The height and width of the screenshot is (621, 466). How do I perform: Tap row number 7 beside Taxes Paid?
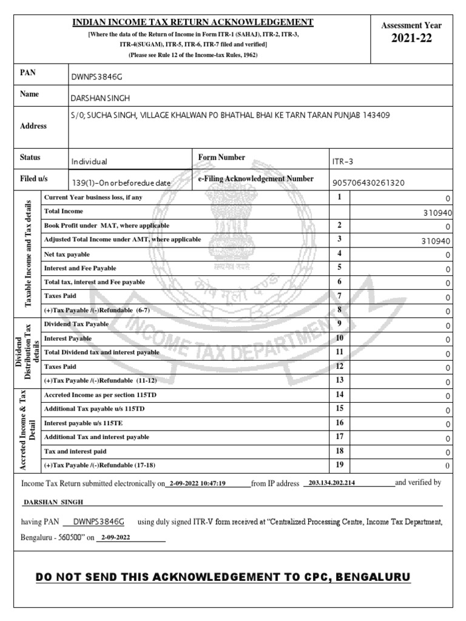(x=340, y=296)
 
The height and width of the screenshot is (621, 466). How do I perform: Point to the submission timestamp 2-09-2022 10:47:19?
(x=198, y=484)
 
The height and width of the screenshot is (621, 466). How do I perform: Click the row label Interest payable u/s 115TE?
(x=84, y=423)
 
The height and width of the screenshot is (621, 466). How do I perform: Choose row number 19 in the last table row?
(x=340, y=465)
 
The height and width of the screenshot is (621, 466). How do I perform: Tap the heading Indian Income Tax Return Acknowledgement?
(x=193, y=22)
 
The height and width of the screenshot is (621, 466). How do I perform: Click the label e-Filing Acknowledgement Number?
(x=255, y=179)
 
